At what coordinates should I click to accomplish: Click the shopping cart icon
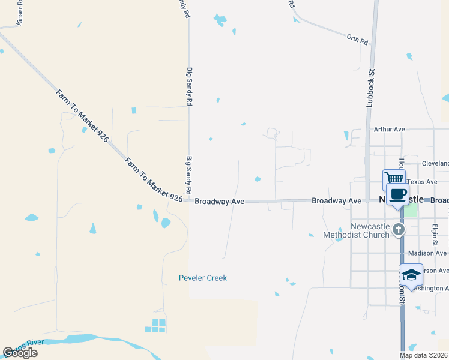[394, 178]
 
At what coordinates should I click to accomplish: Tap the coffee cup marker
[398, 194]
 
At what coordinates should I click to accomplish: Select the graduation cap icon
[411, 274]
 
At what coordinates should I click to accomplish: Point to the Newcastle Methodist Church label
[362, 230]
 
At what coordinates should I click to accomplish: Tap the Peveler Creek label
[203, 278]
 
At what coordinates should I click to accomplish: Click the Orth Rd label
[357, 40]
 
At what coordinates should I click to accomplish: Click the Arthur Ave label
[389, 129]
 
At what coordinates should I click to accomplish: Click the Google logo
[20, 352]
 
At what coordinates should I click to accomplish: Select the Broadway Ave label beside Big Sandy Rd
[219, 202]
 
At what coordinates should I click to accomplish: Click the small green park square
[411, 211]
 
